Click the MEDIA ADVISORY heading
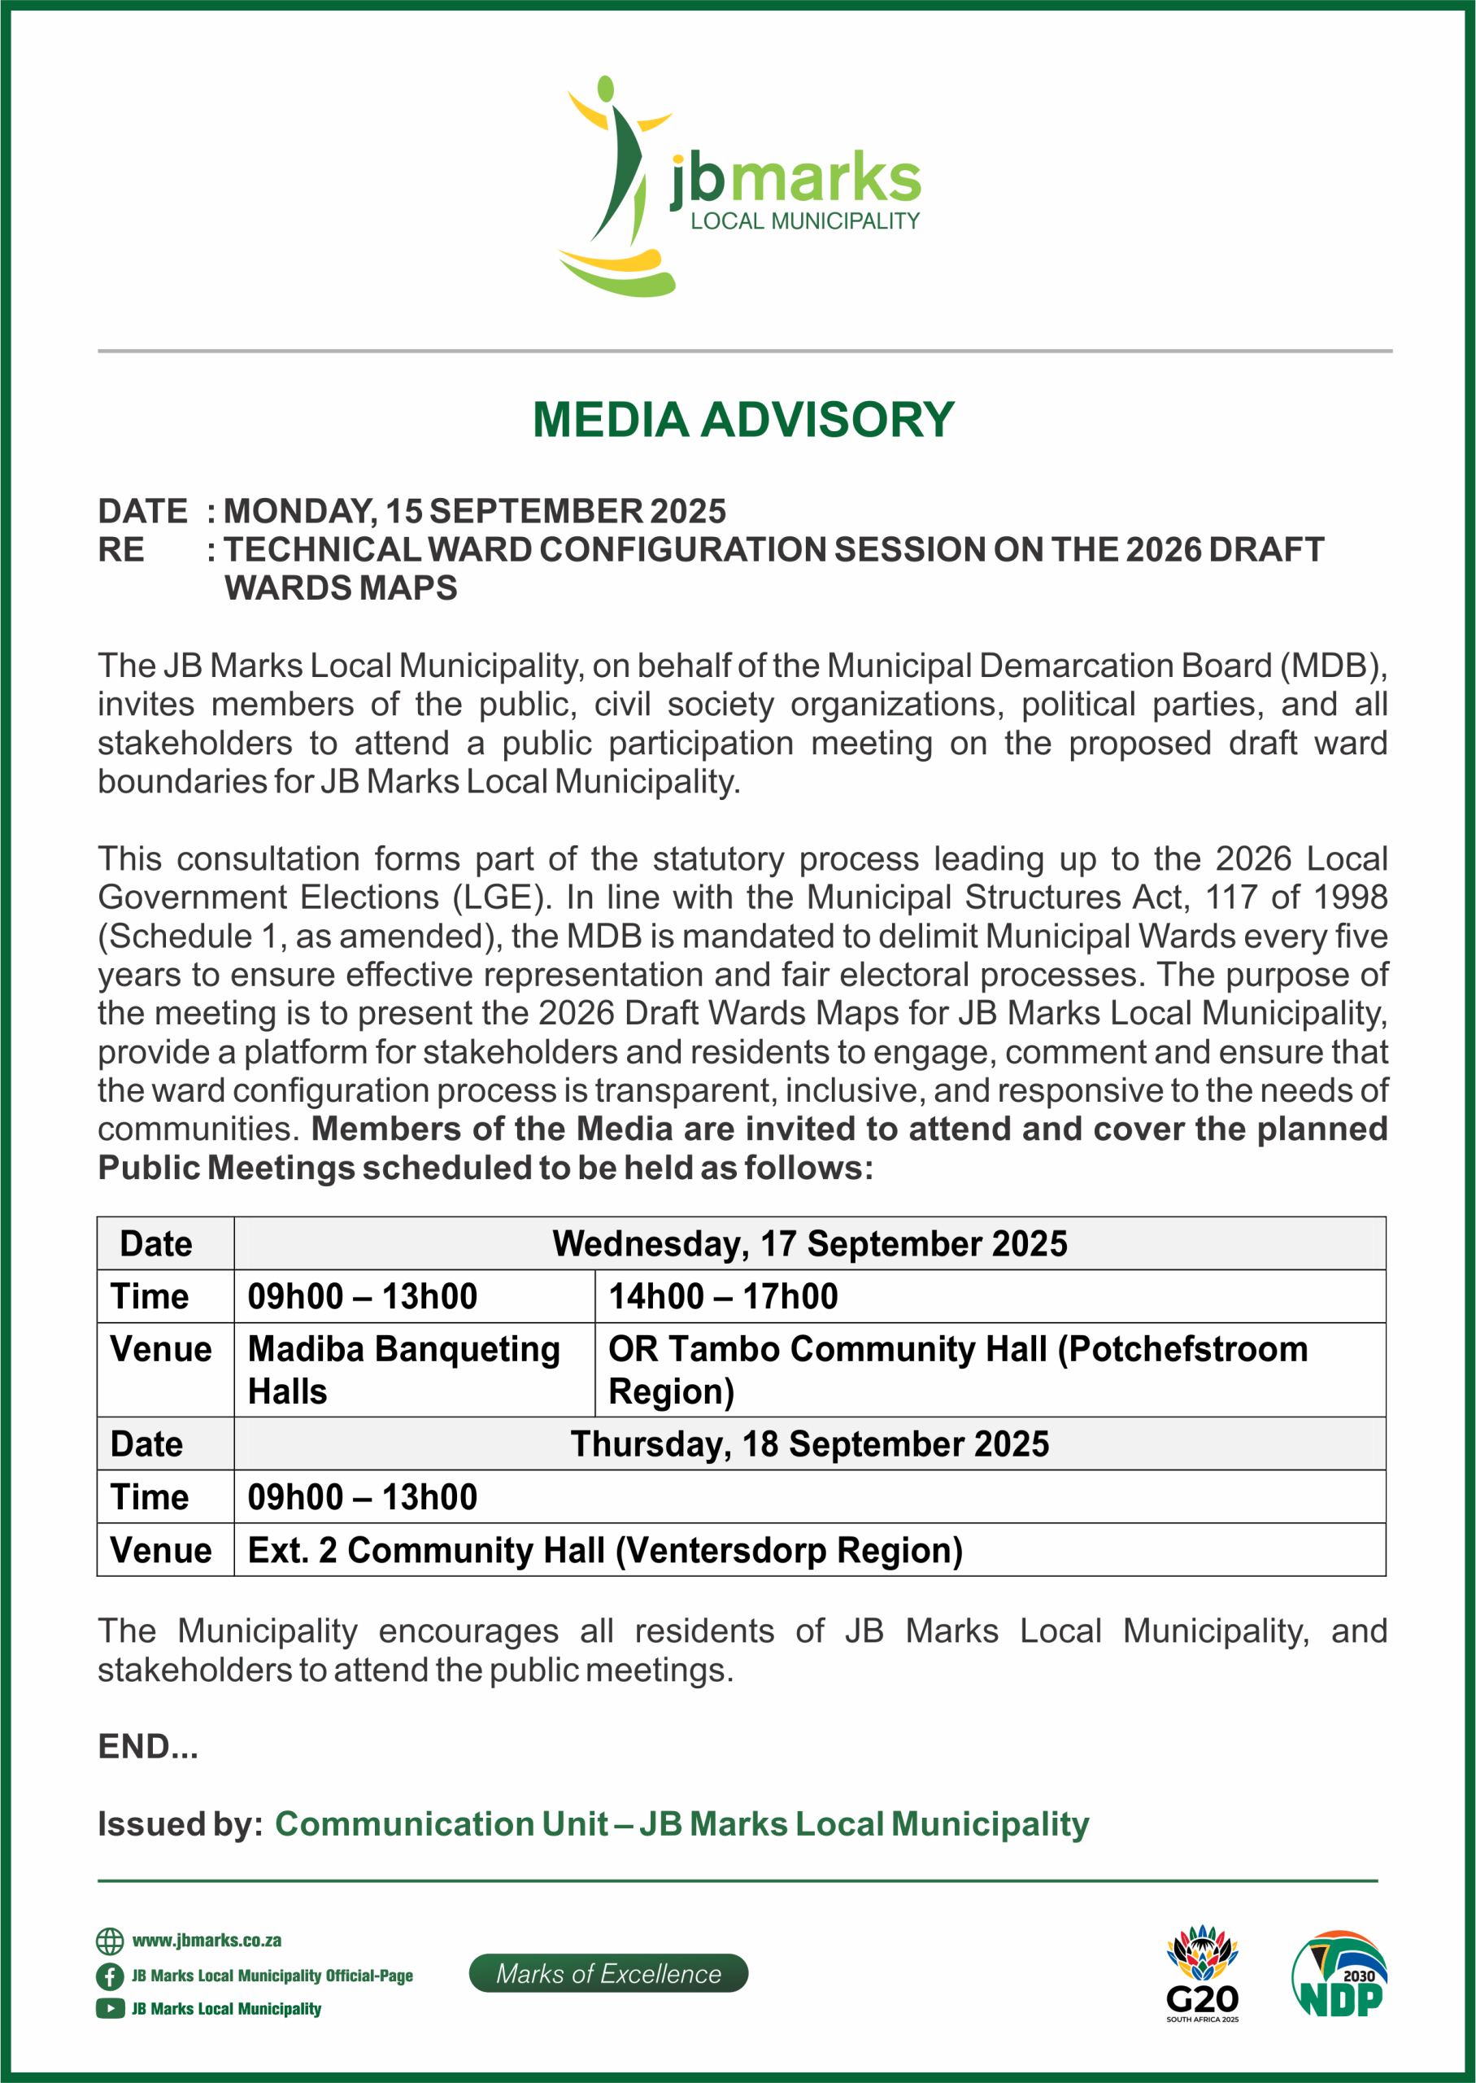point(742,420)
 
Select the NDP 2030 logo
point(1339,1974)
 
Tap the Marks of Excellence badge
point(608,1973)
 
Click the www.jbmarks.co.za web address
point(207,1941)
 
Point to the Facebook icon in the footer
point(110,1976)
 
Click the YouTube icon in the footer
point(110,2008)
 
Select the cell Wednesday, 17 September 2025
point(809,1244)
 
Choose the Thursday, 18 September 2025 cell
point(809,1443)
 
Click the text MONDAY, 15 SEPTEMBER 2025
point(474,511)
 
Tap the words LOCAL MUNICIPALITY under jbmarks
point(804,221)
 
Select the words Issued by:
point(180,1824)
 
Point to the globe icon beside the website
point(110,1941)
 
